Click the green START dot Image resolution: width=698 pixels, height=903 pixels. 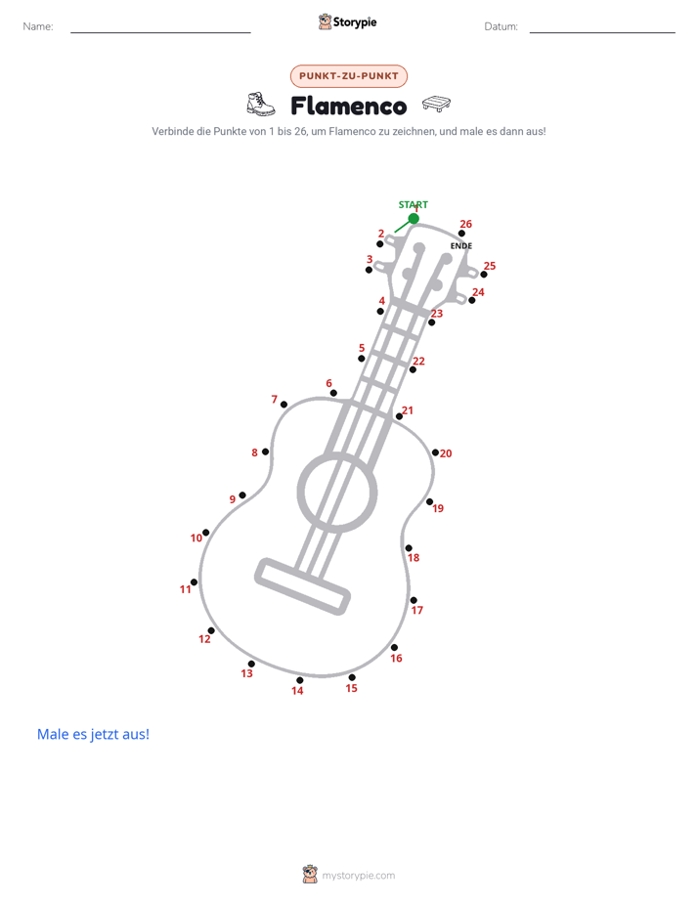414,219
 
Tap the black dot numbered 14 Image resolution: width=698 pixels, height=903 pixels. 299,680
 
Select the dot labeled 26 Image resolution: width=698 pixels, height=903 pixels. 461,234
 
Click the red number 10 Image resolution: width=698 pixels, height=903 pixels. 196,537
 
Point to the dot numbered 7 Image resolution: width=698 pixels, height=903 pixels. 284,405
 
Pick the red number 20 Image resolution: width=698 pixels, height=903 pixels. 446,453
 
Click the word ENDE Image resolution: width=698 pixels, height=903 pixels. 461,246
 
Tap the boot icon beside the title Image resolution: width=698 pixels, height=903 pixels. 261,105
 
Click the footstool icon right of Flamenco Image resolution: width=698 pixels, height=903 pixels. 437,104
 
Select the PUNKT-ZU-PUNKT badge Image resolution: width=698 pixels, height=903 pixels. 349,76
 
